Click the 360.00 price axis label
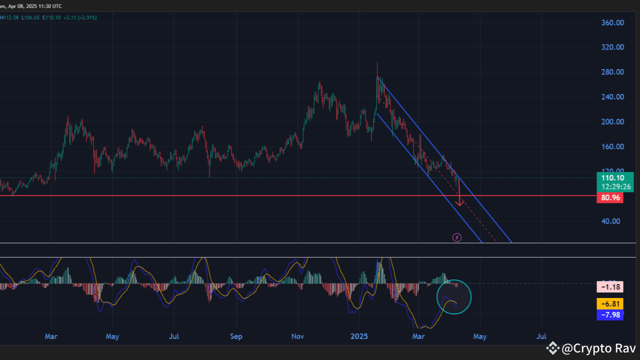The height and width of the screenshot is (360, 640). click(x=613, y=22)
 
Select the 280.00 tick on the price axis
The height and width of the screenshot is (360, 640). click(x=613, y=72)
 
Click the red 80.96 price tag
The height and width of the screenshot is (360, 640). click(x=610, y=198)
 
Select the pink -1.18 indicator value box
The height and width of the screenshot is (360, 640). click(x=610, y=287)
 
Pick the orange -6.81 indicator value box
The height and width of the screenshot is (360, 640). click(x=610, y=303)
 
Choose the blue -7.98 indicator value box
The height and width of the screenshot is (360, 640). click(x=610, y=315)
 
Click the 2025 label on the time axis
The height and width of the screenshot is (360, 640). click(x=358, y=336)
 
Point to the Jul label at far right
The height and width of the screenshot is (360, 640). click(x=542, y=336)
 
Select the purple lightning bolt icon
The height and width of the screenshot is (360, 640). click(x=456, y=237)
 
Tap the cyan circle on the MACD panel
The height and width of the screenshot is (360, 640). click(x=454, y=297)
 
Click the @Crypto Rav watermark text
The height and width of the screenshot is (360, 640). click(x=599, y=348)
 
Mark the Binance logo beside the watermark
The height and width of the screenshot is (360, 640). click(x=552, y=348)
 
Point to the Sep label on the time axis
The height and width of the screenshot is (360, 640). click(x=236, y=336)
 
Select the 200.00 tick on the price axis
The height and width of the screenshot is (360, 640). click(x=613, y=121)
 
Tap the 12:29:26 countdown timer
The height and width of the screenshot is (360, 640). click(x=616, y=186)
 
